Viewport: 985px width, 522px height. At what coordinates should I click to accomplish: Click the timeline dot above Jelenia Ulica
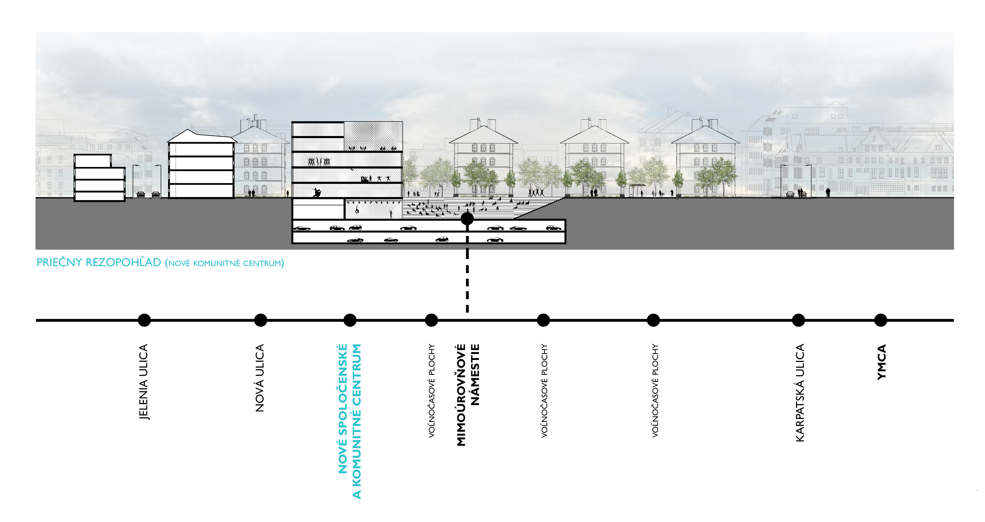(x=144, y=320)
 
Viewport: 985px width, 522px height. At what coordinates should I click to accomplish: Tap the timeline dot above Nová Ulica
(x=260, y=320)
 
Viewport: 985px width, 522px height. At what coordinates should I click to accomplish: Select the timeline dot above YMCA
(x=881, y=320)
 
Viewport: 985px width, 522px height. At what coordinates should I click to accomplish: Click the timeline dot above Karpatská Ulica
(x=798, y=320)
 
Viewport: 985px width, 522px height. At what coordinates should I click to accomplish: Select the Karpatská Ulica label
(x=800, y=393)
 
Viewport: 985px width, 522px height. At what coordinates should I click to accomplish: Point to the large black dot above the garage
(x=467, y=219)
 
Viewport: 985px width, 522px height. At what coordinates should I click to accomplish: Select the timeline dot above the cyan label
(x=350, y=320)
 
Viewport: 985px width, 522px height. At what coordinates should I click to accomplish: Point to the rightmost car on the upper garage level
(x=553, y=228)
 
